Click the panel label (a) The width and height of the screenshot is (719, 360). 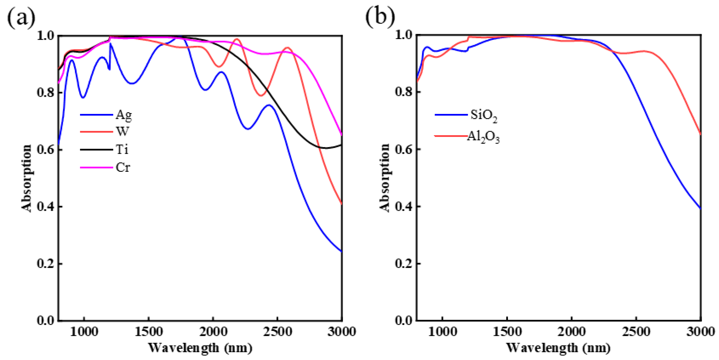21,17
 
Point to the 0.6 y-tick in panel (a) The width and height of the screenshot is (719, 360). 45,150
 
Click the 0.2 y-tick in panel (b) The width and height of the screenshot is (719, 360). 404,263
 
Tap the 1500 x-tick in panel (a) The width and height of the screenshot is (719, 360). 148,332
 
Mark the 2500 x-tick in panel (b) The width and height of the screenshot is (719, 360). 636,332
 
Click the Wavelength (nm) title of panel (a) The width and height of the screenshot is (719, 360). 200,348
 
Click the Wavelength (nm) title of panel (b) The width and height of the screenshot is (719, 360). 558,348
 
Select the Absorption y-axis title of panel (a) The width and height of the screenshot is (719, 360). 27,178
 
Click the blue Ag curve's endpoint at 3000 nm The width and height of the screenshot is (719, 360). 341,251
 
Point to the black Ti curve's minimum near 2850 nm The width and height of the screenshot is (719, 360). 326,148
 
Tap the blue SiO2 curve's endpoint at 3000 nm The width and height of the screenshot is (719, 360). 700,208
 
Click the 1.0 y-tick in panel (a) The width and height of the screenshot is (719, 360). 45,36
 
